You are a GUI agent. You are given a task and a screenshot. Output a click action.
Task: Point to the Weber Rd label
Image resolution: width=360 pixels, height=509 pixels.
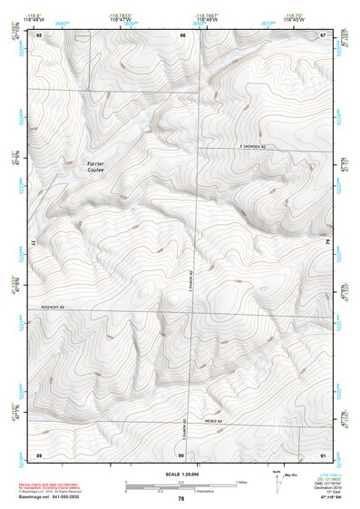click(x=214, y=421)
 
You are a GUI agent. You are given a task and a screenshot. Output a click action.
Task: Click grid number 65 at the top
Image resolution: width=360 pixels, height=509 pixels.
click(x=39, y=34)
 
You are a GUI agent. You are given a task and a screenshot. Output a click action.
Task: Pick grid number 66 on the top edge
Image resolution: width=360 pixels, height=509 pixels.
click(x=182, y=34)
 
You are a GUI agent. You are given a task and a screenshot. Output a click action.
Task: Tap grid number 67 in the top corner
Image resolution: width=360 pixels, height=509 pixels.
click(x=324, y=34)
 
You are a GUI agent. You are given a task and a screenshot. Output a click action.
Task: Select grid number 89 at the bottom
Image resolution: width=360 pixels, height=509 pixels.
click(x=39, y=453)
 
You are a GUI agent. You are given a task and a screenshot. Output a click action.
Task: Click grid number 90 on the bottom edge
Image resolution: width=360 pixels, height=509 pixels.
click(x=181, y=453)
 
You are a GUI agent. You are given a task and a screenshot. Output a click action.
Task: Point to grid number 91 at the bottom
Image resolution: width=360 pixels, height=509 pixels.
click(x=323, y=453)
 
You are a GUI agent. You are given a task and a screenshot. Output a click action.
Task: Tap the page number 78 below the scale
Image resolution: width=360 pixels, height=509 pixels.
click(x=181, y=499)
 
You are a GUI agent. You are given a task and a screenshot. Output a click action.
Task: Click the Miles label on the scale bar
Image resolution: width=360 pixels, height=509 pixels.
click(x=241, y=481)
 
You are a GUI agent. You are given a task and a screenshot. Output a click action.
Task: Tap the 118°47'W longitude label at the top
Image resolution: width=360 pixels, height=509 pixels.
click(x=121, y=20)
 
